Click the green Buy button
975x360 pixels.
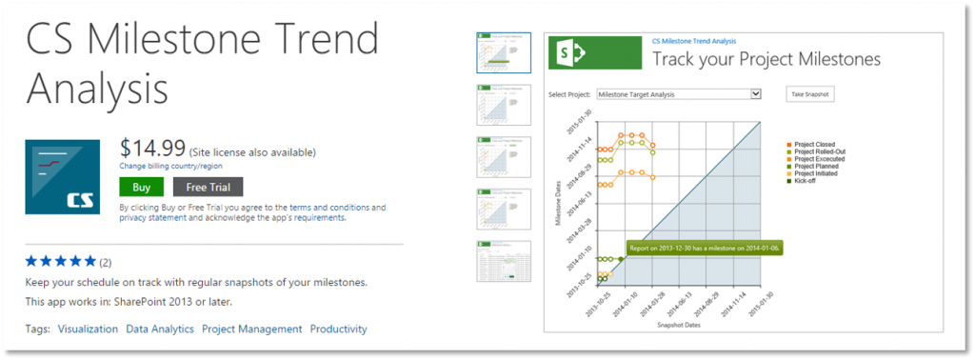tap(141, 187)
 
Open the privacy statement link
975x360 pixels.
tap(152, 217)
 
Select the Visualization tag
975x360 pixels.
tap(88, 329)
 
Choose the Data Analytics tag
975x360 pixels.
tap(160, 329)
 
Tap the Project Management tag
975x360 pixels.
tap(251, 329)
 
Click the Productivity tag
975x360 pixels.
tap(338, 329)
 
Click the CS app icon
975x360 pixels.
tap(63, 176)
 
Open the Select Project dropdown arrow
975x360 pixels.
tap(755, 94)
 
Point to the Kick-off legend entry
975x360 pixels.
tap(807, 180)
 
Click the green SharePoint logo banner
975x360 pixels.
tap(594, 54)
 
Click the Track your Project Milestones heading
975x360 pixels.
tap(766, 59)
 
